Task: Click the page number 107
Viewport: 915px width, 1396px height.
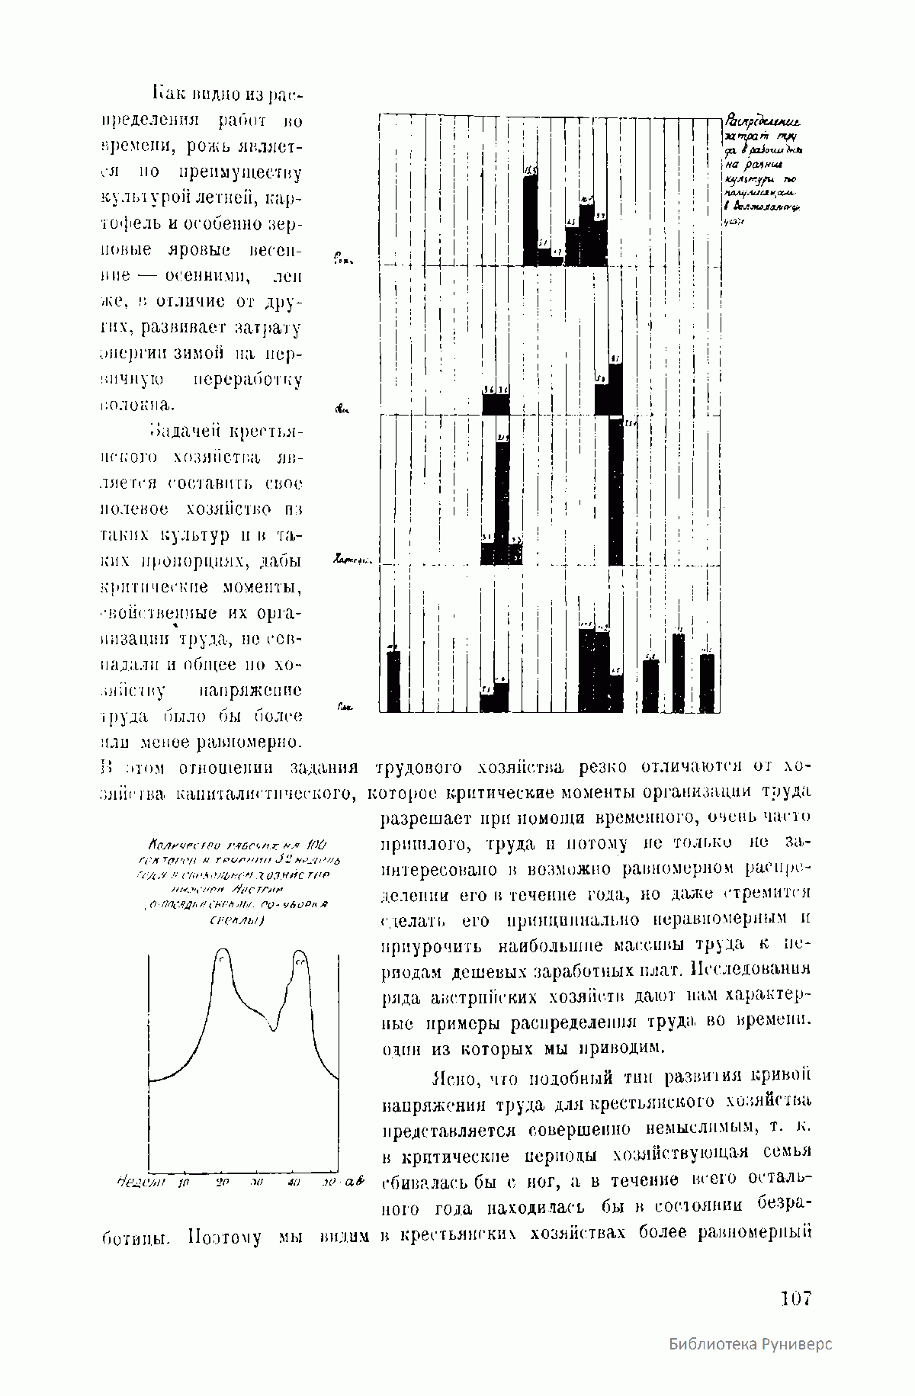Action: pos(796,1298)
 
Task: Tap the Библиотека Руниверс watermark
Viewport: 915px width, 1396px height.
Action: pos(750,1365)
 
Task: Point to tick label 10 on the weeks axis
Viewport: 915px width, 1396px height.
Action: pos(183,1182)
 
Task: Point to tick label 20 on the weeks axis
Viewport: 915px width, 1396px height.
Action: pos(223,1182)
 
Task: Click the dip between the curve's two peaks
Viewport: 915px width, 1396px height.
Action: pos(273,1029)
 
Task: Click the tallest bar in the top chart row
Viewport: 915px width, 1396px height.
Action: pos(531,217)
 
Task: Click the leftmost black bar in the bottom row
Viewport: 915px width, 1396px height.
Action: pos(393,681)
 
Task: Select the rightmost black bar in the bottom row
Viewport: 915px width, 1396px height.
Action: pos(708,683)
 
